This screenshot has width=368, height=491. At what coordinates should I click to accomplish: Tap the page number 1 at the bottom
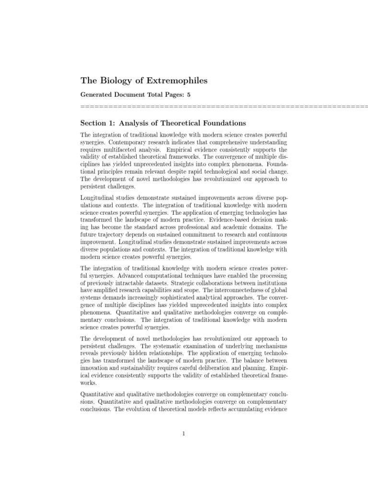(x=184, y=434)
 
